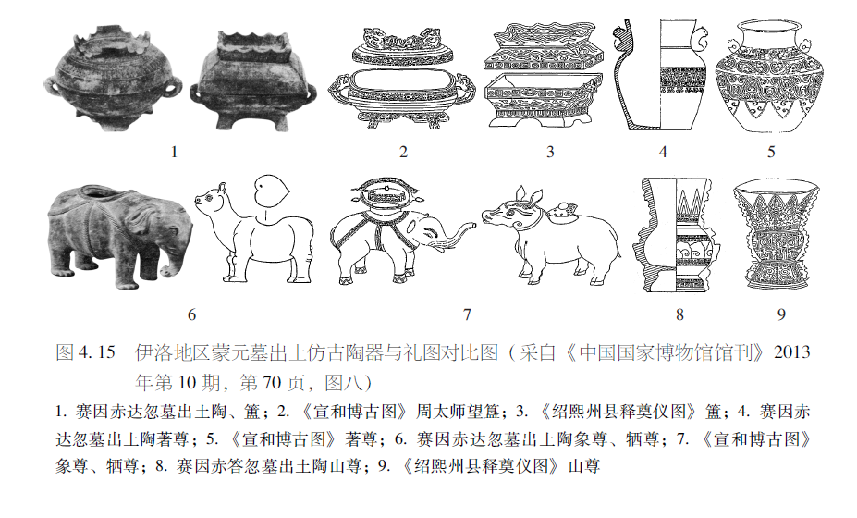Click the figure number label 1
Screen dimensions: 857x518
[x=174, y=152]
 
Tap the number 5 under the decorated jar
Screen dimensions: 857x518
[x=771, y=152]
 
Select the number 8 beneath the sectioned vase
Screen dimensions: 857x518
[x=679, y=314]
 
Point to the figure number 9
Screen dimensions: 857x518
[x=781, y=314]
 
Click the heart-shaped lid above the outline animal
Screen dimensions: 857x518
[x=272, y=191]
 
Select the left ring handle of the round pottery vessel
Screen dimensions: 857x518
[x=52, y=88]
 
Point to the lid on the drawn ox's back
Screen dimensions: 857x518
[x=560, y=212]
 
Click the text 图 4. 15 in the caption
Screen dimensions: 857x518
[x=85, y=351]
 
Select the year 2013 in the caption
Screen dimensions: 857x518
[x=792, y=351]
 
